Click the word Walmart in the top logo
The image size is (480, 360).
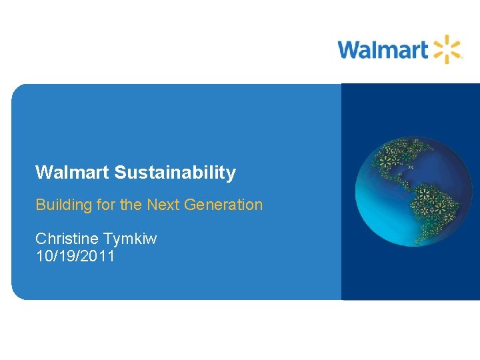[382, 49]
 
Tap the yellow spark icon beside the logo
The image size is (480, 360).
[447, 49]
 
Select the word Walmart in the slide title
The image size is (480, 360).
[72, 173]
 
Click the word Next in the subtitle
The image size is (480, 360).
[163, 205]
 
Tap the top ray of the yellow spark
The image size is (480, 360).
[447, 39]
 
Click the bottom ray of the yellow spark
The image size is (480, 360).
[447, 60]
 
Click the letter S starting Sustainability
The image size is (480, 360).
[120, 173]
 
